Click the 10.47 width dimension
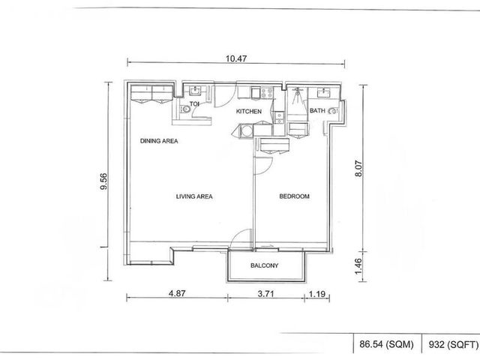click(x=236, y=58)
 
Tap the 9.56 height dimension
click(x=104, y=181)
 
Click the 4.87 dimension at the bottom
click(x=177, y=293)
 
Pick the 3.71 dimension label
click(x=265, y=294)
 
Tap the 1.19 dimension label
click(x=316, y=294)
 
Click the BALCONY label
click(x=265, y=265)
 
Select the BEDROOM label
click(x=294, y=196)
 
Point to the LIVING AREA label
click(x=194, y=196)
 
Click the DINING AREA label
click(x=159, y=141)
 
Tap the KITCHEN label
click(x=248, y=112)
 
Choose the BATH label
click(x=317, y=110)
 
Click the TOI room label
click(x=194, y=104)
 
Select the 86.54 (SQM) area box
click(x=386, y=344)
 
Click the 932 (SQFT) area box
click(x=453, y=345)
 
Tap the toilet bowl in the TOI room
click(x=185, y=109)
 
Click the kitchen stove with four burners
click(x=266, y=93)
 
